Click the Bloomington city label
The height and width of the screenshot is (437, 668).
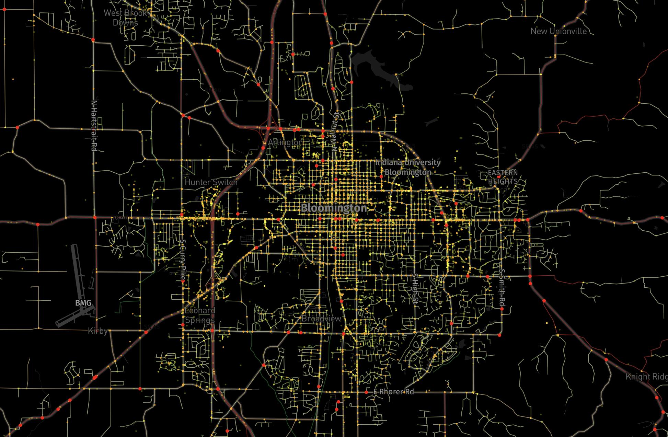tap(334, 208)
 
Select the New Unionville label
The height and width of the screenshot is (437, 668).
tap(558, 31)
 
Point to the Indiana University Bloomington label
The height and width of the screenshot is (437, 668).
tap(408, 167)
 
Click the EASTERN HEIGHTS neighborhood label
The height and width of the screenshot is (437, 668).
tap(503, 177)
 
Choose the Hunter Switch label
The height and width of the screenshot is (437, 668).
tap(211, 182)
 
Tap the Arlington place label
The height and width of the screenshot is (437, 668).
tap(285, 142)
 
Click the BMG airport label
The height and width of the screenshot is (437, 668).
tap(83, 303)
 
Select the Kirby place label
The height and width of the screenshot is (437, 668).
tap(97, 331)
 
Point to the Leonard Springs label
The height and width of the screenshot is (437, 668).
tap(200, 315)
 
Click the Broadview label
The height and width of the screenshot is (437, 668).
tap(321, 319)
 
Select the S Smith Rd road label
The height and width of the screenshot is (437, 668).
tap(502, 288)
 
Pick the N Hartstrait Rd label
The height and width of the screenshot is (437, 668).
tap(93, 125)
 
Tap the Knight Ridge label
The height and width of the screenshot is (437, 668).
tap(646, 377)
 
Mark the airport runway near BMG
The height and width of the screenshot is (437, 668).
tap(78, 271)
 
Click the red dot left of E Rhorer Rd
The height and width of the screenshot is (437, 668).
tap(366, 392)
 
